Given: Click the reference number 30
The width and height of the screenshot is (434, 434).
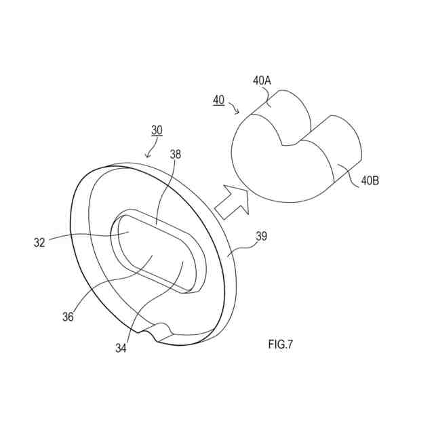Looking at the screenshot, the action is (x=157, y=130).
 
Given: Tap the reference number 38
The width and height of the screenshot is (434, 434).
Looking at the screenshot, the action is (x=176, y=155).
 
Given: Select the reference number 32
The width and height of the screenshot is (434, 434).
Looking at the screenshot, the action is (x=40, y=242).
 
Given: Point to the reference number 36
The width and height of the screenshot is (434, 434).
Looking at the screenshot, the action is (x=68, y=315).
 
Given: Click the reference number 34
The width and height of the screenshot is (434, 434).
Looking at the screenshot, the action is (x=121, y=349).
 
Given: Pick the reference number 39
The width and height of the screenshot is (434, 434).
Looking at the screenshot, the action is (x=261, y=237).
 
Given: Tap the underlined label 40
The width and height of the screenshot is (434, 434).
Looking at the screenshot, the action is (x=218, y=100).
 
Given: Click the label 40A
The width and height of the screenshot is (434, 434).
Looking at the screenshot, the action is (x=262, y=80).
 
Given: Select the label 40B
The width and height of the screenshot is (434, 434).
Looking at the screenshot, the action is (x=370, y=180).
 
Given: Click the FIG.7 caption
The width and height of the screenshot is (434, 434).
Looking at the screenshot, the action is (x=280, y=344).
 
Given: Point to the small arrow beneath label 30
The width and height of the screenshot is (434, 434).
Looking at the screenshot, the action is (x=149, y=153).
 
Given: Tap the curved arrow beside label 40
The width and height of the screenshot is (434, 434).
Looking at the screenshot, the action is (x=235, y=108).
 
